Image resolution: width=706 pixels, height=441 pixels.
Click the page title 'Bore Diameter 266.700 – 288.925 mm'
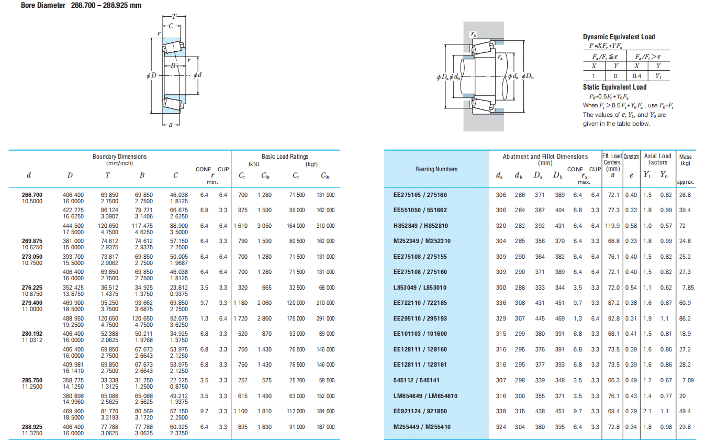(x=81, y=5)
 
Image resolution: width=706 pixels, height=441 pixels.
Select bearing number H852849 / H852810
(x=420, y=226)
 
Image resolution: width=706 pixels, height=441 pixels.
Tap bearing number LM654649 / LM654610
(x=425, y=396)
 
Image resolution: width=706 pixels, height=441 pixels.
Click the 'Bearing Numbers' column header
(x=436, y=169)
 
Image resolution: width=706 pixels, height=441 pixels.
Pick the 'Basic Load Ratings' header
(x=285, y=157)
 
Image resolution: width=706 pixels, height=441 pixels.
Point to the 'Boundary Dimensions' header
(x=119, y=157)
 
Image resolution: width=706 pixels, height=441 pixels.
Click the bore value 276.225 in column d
(x=32, y=288)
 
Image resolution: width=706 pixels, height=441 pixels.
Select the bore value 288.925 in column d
(x=32, y=427)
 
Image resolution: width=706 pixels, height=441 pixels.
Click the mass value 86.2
(x=685, y=318)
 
